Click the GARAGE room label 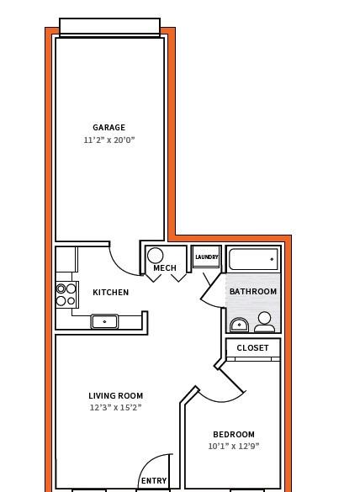pos(109,127)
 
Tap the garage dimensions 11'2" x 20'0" pos(109,140)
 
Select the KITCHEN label pos(111,293)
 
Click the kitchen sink pos(104,321)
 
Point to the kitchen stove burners pos(66,294)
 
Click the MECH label pos(165,268)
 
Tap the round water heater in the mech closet pos(155,256)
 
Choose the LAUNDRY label pos(207,257)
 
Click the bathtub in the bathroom pos(253,259)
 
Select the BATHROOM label pos(253,292)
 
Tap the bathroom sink pos(239,325)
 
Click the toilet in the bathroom pos(265,322)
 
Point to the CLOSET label pos(252,348)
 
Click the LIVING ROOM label pos(116,395)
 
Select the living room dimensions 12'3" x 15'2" pos(116,408)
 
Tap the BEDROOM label pos(234,435)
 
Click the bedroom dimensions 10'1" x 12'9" pos(234,447)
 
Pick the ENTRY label pos(154,481)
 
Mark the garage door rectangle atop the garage pos(110,27)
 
